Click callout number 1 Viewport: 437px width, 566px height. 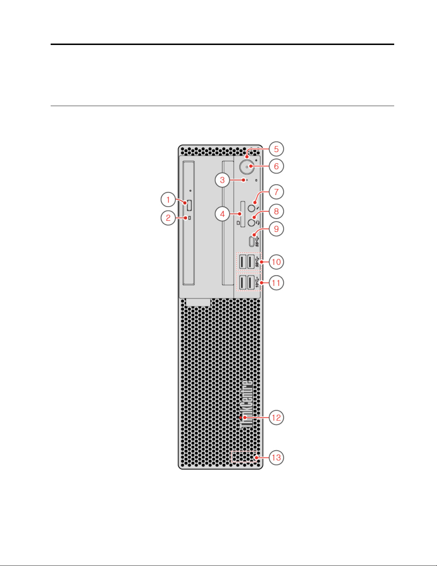pyautogui.click(x=168, y=199)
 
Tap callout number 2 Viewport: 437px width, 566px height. pyautogui.click(x=168, y=218)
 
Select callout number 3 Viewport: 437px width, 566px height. pyautogui.click(x=222, y=180)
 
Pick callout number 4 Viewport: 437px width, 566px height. pyautogui.click(x=222, y=214)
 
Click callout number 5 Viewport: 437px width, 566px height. pyautogui.click(x=276, y=149)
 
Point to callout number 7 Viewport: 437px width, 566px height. pyautogui.click(x=276, y=192)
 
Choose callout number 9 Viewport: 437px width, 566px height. pyautogui.click(x=276, y=229)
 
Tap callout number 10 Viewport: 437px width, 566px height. pyautogui.click(x=276, y=262)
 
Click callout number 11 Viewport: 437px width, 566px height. pyautogui.click(x=276, y=283)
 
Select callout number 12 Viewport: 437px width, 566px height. pyautogui.click(x=276, y=417)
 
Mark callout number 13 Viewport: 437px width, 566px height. pyautogui.click(x=276, y=457)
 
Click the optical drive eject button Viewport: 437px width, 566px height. pyautogui.click(x=189, y=205)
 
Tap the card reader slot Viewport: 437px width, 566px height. pyautogui.click(x=243, y=214)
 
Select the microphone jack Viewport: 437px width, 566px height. pyautogui.click(x=251, y=208)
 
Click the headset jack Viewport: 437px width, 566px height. pyautogui.click(x=251, y=223)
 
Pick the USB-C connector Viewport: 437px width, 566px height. pyautogui.click(x=252, y=241)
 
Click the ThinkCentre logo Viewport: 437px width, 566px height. pyautogui.click(x=246, y=404)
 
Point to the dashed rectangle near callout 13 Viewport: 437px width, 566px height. pyautogui.click(x=244, y=456)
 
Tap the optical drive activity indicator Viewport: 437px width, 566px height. pyautogui.click(x=189, y=218)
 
